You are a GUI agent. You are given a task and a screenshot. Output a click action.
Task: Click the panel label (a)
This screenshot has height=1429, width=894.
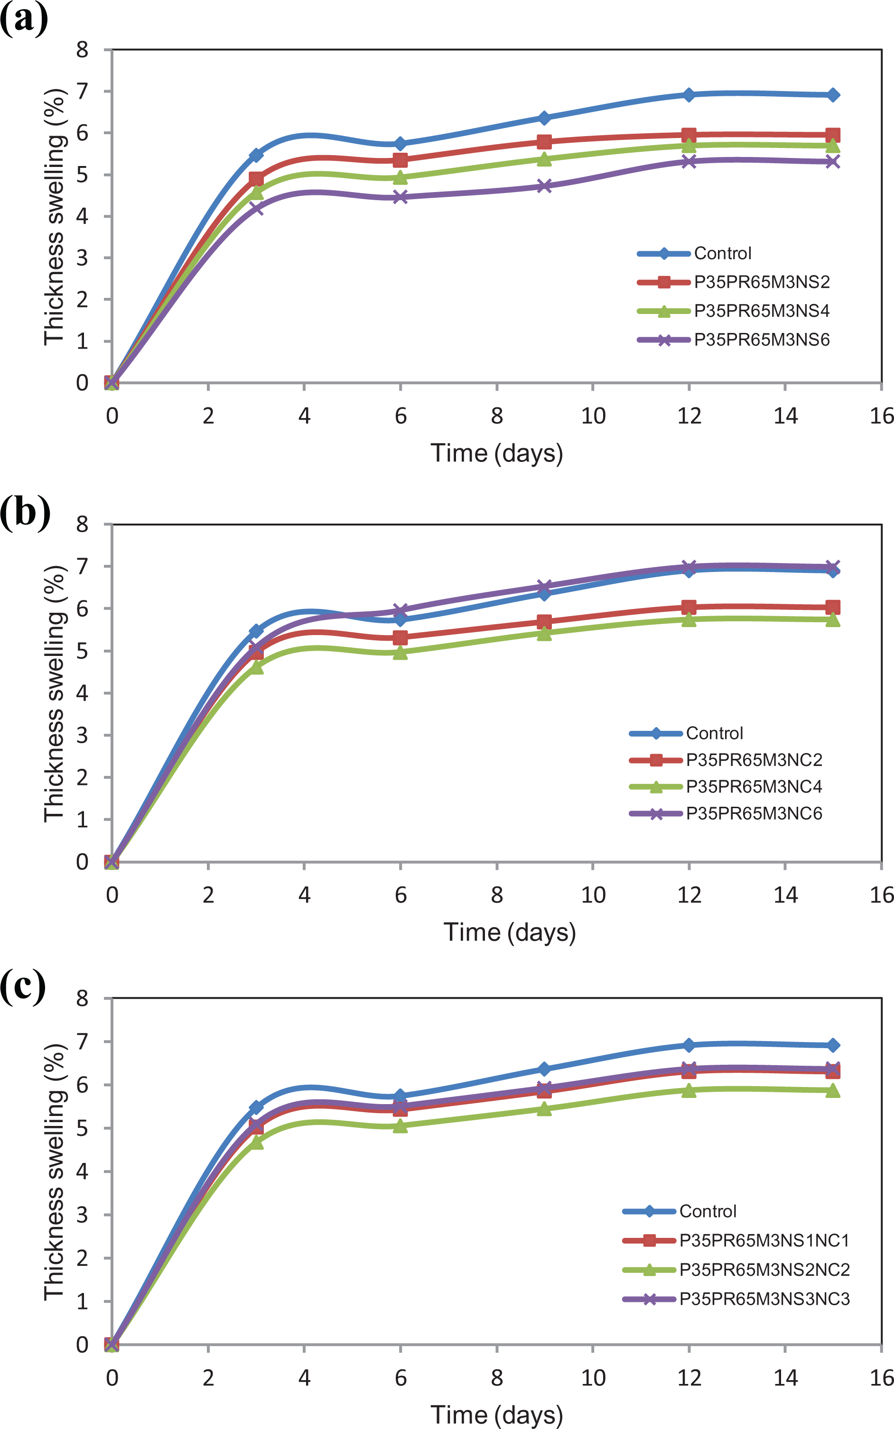[24, 19]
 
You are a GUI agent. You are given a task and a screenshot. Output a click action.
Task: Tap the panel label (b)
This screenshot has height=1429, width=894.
[26, 512]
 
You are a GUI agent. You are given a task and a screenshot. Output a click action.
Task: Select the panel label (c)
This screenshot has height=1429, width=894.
[23, 986]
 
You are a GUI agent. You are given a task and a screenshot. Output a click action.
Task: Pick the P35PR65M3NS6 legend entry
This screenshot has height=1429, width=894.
[733, 340]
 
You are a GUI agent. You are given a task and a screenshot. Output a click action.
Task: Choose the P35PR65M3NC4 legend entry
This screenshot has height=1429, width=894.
[726, 787]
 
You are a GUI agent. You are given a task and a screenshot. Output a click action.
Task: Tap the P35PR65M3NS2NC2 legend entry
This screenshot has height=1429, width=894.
[736, 1270]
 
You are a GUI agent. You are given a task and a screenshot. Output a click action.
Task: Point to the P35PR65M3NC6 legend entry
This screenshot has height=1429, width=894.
[726, 814]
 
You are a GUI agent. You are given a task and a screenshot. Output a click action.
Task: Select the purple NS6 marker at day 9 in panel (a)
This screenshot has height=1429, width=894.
[545, 186]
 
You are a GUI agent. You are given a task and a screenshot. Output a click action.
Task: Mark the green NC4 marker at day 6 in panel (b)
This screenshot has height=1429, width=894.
[400, 652]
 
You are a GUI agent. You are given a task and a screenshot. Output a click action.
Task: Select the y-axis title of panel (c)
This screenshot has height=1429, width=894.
[55, 1172]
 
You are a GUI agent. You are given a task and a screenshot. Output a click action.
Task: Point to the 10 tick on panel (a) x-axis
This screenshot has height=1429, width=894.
[593, 416]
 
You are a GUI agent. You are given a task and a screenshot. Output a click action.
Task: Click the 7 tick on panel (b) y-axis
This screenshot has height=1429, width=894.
[82, 566]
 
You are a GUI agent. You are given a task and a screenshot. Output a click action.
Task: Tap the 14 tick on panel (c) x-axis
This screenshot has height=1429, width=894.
[785, 1378]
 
